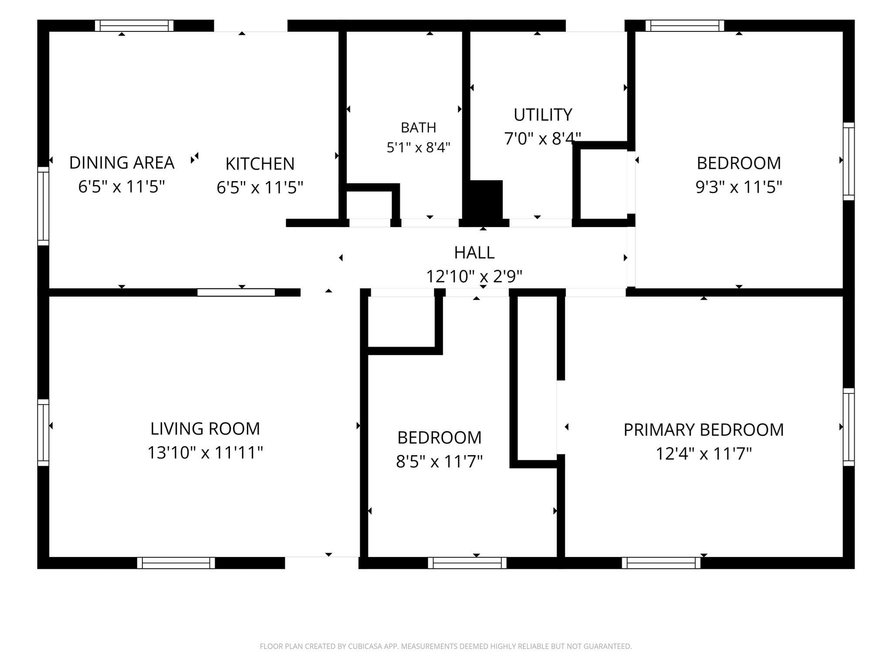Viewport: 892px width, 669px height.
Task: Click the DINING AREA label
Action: (x=122, y=163)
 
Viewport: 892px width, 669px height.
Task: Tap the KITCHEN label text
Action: (x=260, y=164)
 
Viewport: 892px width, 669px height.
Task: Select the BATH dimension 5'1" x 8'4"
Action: (x=419, y=148)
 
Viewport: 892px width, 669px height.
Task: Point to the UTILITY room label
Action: (x=543, y=115)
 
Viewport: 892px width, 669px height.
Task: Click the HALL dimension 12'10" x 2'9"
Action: (x=474, y=276)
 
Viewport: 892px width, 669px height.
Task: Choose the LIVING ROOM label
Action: (x=205, y=429)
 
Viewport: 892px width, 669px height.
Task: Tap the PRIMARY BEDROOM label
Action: (x=703, y=430)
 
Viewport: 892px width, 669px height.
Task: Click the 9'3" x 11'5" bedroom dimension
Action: (x=739, y=187)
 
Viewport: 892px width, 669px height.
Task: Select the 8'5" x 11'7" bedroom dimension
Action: (x=439, y=461)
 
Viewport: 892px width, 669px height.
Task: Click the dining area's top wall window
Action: (x=134, y=26)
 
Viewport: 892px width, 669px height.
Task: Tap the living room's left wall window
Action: (x=43, y=432)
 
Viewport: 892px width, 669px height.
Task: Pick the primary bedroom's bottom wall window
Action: (x=661, y=563)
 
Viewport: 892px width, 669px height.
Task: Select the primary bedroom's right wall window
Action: (x=848, y=427)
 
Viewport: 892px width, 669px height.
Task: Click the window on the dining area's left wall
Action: (x=43, y=206)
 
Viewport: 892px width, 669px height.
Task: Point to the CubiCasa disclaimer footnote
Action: (x=446, y=646)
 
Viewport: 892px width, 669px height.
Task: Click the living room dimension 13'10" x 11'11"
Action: (x=205, y=453)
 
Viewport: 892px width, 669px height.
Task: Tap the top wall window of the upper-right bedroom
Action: (x=685, y=26)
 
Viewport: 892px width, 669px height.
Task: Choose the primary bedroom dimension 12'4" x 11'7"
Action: (x=703, y=454)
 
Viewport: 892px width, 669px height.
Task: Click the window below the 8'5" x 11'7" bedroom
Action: (x=467, y=563)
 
